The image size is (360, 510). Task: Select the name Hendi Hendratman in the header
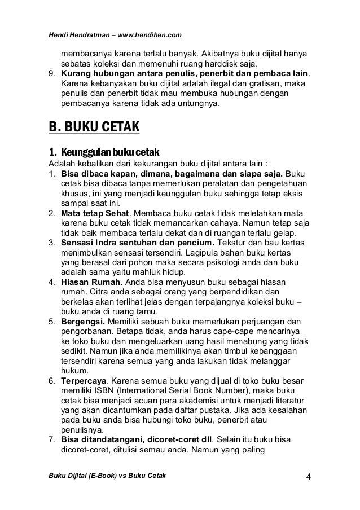(x=77, y=36)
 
